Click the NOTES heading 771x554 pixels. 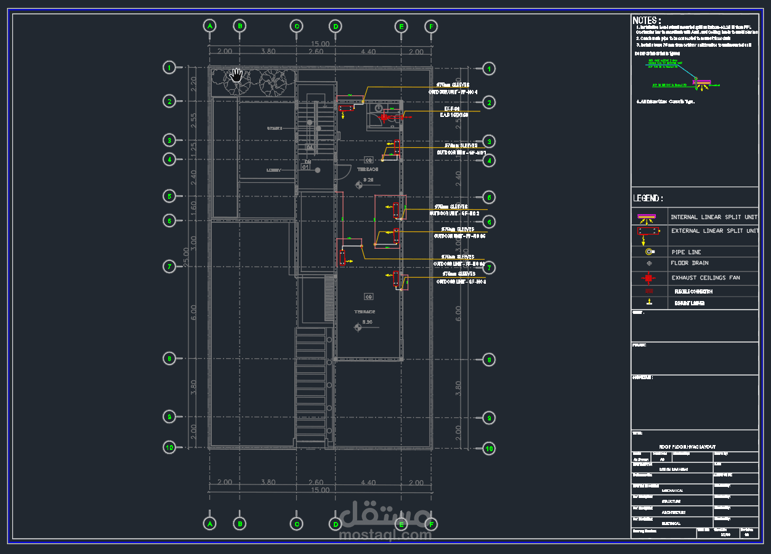(x=647, y=20)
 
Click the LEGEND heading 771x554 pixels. (x=648, y=198)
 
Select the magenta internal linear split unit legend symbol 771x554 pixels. (x=647, y=217)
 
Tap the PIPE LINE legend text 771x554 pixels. (x=686, y=252)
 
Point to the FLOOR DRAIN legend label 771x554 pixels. (x=690, y=263)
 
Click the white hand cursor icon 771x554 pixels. (x=236, y=76)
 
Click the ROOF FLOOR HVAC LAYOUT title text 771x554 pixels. (x=687, y=446)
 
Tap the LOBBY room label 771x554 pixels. (x=274, y=170)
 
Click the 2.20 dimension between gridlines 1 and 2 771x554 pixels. (x=193, y=84)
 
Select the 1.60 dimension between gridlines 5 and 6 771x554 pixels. (x=193, y=209)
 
